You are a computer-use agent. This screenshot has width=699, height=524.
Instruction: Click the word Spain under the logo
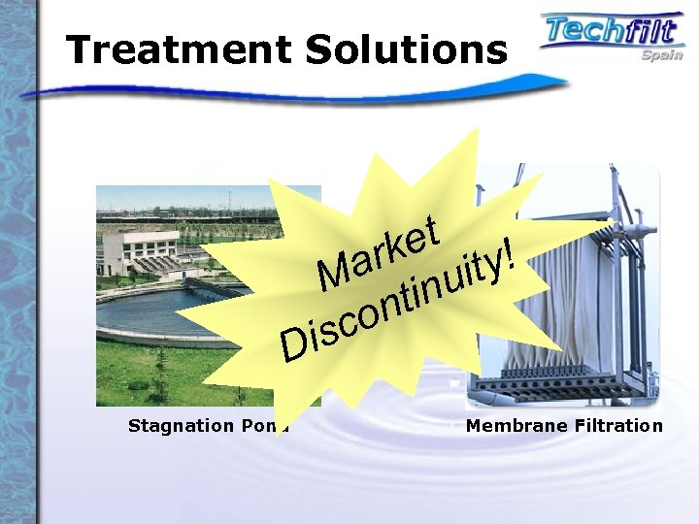[661, 55]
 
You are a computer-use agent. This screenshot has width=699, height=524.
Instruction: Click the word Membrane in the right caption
[511, 426]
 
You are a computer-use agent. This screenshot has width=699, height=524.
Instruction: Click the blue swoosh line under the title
[291, 89]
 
